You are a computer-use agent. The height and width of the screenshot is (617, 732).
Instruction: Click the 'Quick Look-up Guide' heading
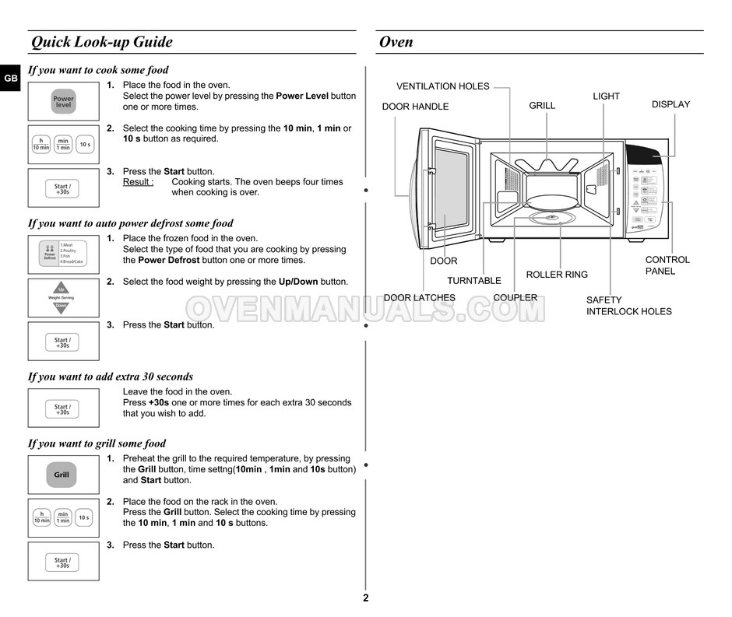[x=101, y=42]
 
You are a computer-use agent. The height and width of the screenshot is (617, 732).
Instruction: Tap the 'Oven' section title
[x=396, y=42]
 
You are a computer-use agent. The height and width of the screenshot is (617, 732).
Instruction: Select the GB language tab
[x=10, y=79]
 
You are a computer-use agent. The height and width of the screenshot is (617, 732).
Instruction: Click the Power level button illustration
[x=63, y=102]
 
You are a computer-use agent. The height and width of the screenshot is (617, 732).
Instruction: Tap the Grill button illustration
[x=62, y=475]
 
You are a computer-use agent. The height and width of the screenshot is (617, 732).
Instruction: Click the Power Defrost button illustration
[x=63, y=254]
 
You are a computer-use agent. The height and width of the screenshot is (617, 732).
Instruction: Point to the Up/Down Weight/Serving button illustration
[x=62, y=298]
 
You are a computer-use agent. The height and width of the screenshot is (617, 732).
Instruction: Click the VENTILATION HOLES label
[x=442, y=86]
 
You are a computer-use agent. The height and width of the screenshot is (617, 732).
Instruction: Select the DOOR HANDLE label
[x=415, y=107]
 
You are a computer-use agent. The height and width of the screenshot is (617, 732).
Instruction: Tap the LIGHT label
[x=606, y=96]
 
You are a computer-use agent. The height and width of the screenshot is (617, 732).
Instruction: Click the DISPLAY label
[x=670, y=104]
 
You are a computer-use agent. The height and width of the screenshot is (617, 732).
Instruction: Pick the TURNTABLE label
[x=473, y=280]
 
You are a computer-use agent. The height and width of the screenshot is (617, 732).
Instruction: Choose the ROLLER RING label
[x=557, y=275]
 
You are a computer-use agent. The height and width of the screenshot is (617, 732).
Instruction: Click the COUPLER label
[x=515, y=297]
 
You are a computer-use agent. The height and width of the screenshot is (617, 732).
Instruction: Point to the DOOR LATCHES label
[x=419, y=297]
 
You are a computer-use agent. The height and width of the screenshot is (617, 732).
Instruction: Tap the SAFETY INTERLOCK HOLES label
[x=628, y=306]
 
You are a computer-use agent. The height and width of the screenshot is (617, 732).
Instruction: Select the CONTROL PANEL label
[x=667, y=265]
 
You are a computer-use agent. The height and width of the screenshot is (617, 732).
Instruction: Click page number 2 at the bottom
[x=365, y=598]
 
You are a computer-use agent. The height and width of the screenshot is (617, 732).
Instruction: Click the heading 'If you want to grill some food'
[x=97, y=443]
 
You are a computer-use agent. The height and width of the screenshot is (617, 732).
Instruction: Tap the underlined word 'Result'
[x=137, y=182]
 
